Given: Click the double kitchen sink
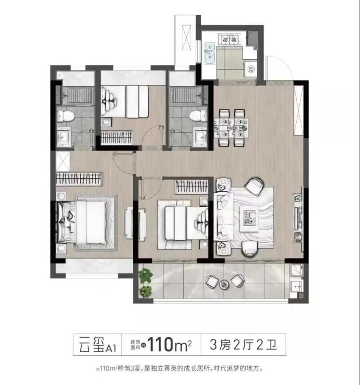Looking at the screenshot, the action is click(209, 53).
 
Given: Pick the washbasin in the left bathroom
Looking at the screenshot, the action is click(64, 138).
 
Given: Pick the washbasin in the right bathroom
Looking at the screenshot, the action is click(201, 138).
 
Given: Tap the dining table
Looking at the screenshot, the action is click(231, 128).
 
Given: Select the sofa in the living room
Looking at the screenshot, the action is click(223, 216).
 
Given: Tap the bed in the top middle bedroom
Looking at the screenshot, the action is click(125, 101).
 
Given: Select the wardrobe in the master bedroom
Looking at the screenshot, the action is click(79, 179).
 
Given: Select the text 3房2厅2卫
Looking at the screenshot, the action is click(244, 345).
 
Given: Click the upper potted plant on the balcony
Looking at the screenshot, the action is click(145, 275).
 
